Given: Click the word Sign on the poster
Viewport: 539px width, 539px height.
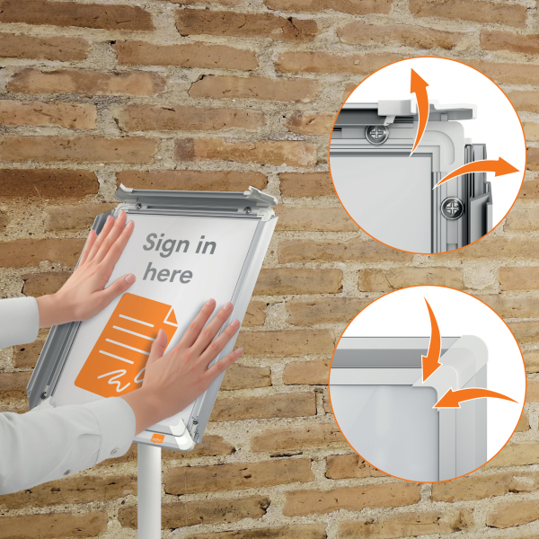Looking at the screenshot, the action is click(x=166, y=245).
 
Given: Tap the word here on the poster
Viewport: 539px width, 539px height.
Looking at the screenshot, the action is click(x=168, y=273).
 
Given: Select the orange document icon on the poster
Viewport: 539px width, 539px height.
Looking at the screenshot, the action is click(x=126, y=345).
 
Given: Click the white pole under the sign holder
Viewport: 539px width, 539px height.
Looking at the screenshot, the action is click(x=149, y=492).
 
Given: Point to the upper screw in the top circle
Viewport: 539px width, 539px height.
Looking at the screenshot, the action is click(x=376, y=134).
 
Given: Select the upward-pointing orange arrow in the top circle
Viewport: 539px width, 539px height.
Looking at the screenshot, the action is click(x=421, y=110).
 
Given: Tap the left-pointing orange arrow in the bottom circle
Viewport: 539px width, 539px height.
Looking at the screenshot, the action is click(x=474, y=395).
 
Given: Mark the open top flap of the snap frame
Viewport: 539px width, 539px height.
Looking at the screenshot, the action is click(x=196, y=197).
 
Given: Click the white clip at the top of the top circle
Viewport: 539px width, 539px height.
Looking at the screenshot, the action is click(x=395, y=107).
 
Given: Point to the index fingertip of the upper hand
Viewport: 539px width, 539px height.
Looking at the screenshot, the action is click(x=122, y=216).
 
